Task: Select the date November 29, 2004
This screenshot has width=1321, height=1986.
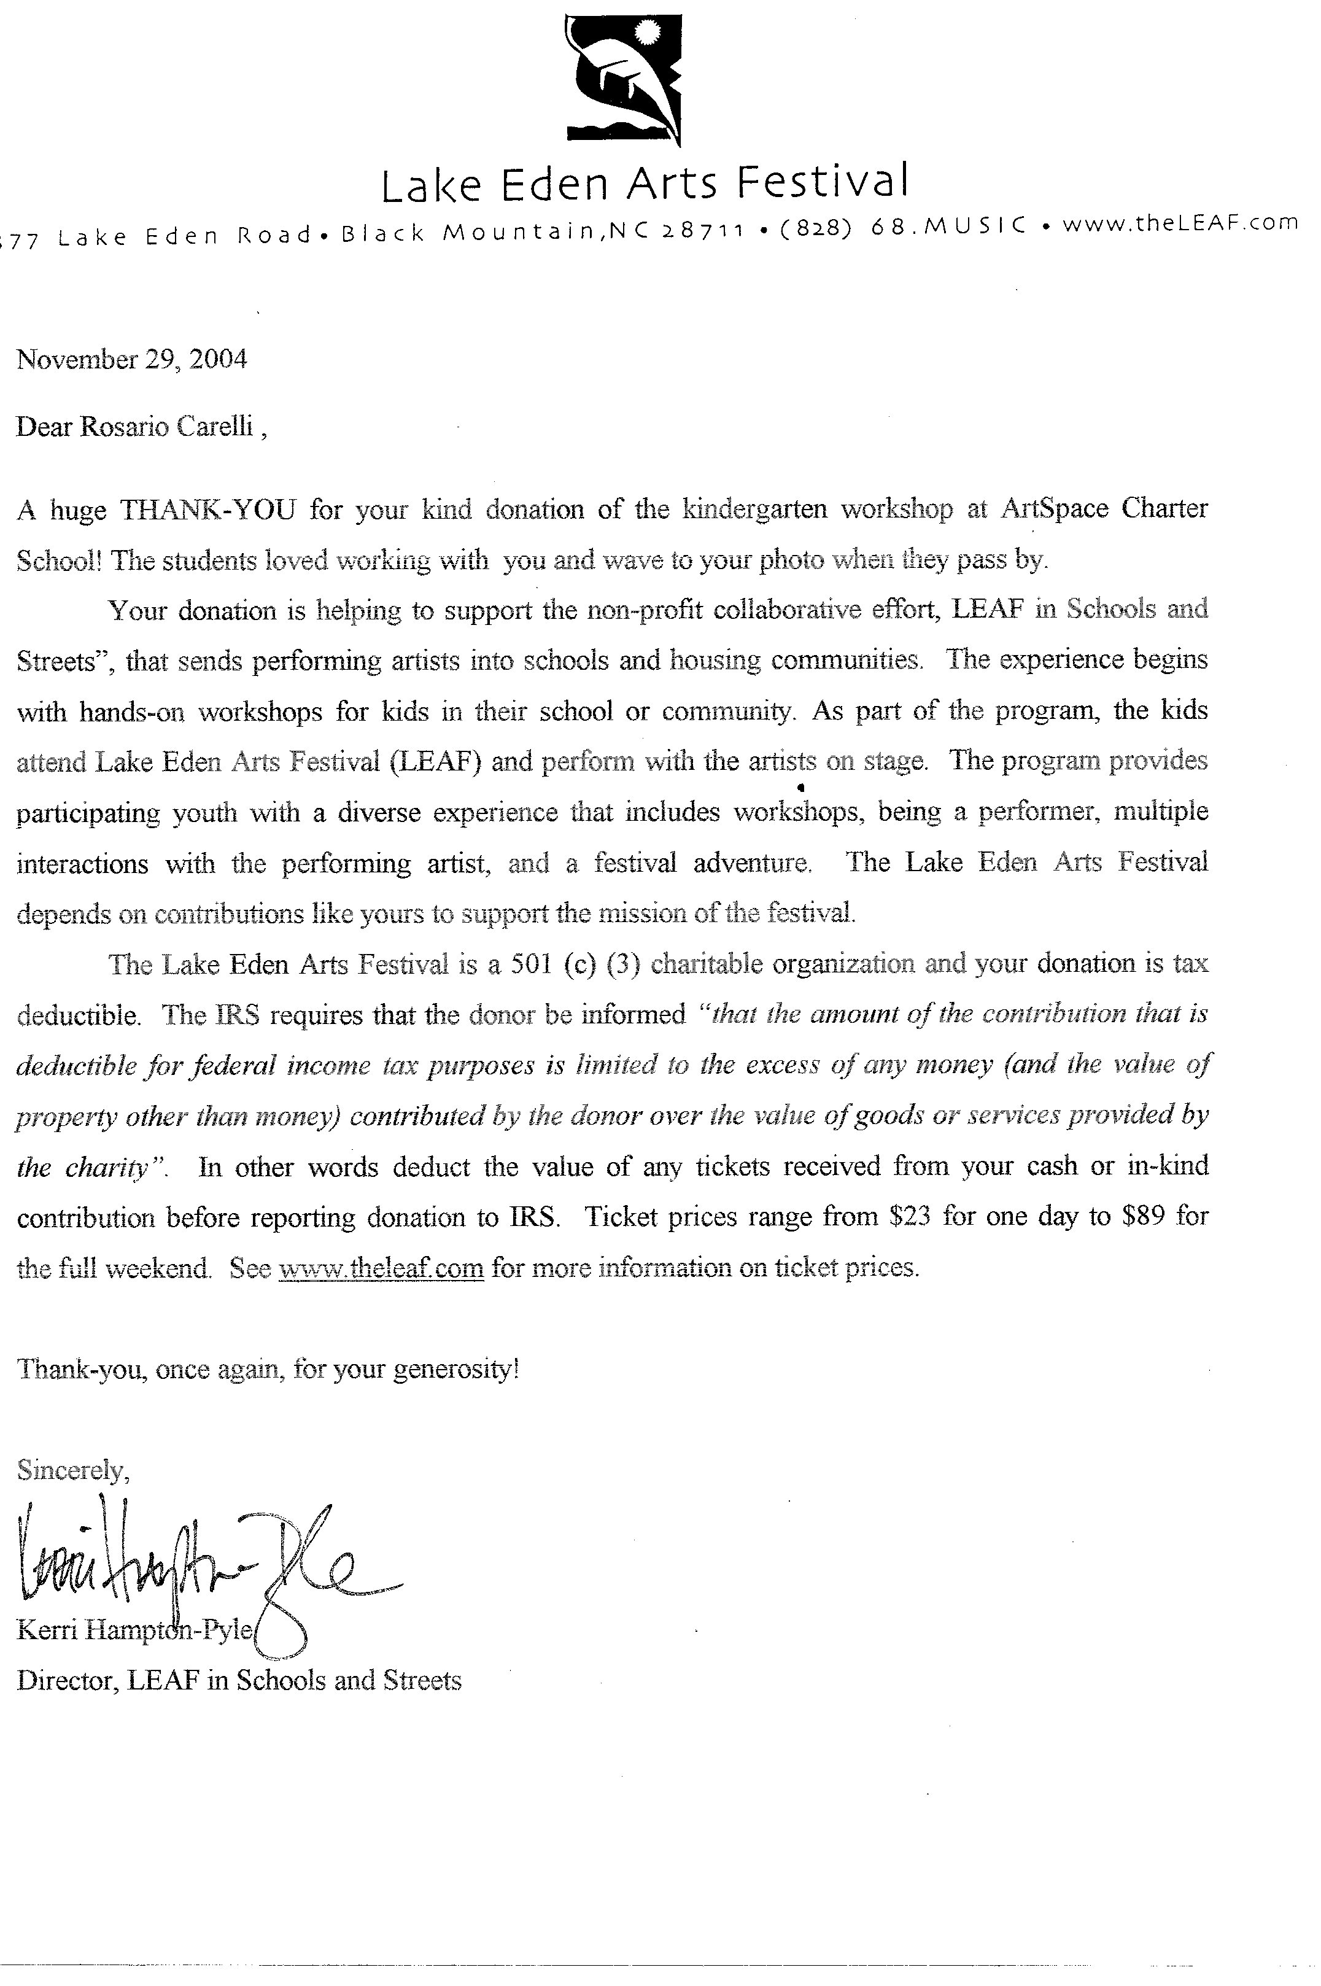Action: [x=132, y=360]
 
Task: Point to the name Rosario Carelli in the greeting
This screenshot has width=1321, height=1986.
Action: [x=166, y=427]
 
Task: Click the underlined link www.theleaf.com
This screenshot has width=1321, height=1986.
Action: [x=381, y=1267]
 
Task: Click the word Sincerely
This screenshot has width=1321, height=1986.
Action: [x=73, y=1470]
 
